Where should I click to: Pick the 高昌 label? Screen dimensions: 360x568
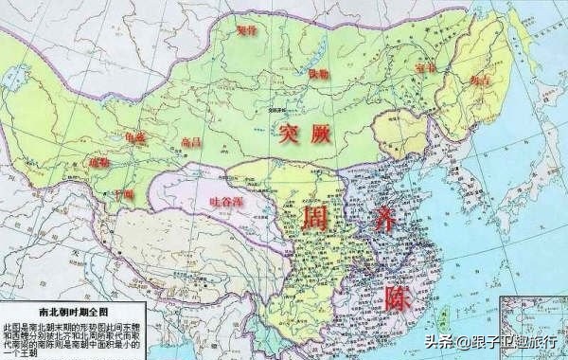(190, 142)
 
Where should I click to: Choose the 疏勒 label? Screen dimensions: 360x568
(100, 162)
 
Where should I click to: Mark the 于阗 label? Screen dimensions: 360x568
(123, 194)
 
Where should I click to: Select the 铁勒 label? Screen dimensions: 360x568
(292, 73)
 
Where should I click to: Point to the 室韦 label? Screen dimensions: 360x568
(398, 68)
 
